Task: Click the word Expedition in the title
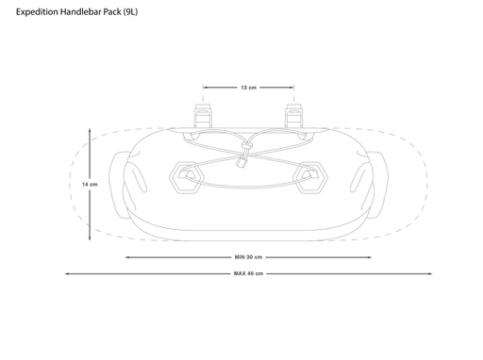pyautogui.click(x=37, y=12)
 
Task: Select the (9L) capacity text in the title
pyautogui.click(x=130, y=12)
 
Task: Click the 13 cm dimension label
pyautogui.click(x=248, y=88)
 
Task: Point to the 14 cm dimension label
pyautogui.click(x=90, y=185)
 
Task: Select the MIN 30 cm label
pyautogui.click(x=248, y=257)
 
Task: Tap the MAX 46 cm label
pyautogui.click(x=248, y=273)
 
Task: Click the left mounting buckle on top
pyautogui.click(x=203, y=116)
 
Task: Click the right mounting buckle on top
pyautogui.click(x=294, y=116)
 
